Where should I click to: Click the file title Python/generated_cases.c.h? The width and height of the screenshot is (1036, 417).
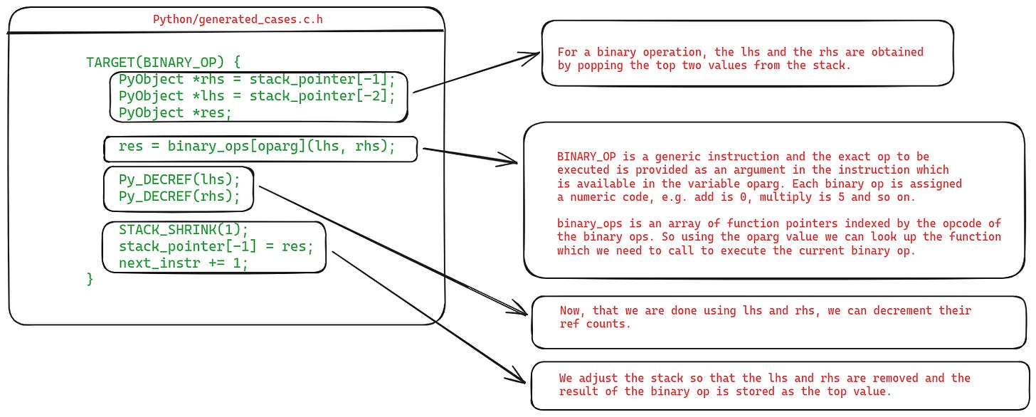tap(238, 19)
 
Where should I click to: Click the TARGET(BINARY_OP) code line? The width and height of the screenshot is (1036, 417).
tap(163, 61)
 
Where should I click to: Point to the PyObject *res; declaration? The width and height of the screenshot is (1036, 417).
tap(175, 112)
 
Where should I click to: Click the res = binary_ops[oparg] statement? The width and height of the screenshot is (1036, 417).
tap(256, 147)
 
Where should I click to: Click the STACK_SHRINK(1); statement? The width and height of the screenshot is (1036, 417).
tap(183, 230)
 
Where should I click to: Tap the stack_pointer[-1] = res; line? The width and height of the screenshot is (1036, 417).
tap(216, 247)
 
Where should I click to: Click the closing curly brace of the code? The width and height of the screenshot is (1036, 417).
tap(90, 279)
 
